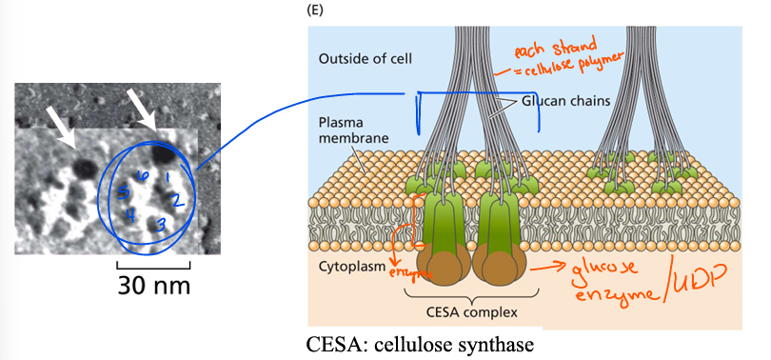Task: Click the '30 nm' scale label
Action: tap(153, 284)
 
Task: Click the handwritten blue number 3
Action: tap(162, 224)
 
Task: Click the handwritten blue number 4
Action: tap(129, 214)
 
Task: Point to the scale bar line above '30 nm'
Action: tap(153, 262)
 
